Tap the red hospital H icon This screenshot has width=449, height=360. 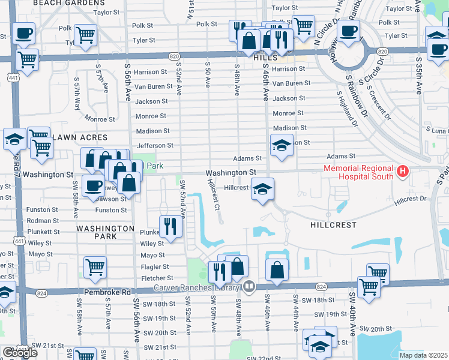pos(403,173)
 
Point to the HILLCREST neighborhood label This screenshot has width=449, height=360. pos(333,225)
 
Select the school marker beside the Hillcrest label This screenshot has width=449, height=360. pos(262,189)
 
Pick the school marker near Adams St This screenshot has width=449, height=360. pos(281,146)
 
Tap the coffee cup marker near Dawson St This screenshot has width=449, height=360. pos(93,186)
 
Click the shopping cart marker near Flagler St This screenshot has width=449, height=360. pos(95,268)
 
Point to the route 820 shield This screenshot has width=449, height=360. pos(174,56)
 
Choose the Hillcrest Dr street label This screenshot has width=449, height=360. pos(410,201)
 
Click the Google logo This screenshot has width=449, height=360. pos(20,353)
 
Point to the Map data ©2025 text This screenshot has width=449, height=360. pos(423,355)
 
